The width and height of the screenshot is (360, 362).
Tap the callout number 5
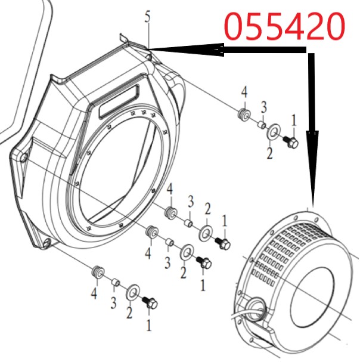(148, 17)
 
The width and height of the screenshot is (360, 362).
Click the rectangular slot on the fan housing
(119, 101)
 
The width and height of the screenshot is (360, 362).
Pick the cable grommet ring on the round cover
(256, 308)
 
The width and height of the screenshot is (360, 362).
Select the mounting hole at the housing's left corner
(23, 157)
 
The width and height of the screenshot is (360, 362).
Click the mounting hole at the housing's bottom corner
(47, 242)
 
